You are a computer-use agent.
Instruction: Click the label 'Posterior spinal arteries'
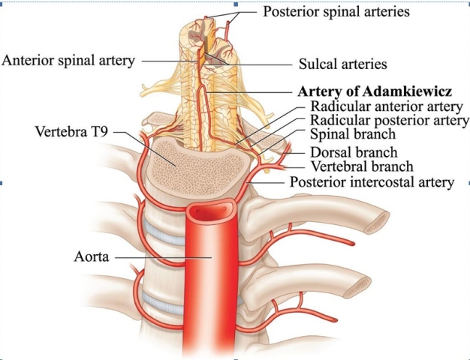[336, 12]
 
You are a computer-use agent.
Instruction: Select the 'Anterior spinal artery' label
[68, 61]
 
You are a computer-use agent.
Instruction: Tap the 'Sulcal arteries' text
[342, 64]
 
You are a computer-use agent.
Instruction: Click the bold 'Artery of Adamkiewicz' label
[375, 91]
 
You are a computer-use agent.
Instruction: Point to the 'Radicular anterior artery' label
[387, 106]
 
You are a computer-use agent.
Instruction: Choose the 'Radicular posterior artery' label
[390, 120]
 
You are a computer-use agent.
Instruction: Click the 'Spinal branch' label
[353, 133]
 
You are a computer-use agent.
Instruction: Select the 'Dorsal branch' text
[354, 152]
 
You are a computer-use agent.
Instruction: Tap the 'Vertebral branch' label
[361, 166]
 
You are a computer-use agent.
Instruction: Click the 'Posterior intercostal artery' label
[372, 181]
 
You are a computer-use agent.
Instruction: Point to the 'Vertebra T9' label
[71, 131]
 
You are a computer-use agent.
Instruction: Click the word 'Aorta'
[92, 256]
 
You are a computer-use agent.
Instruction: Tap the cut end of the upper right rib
[376, 223]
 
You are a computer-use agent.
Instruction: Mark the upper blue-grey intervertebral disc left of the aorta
[164, 232]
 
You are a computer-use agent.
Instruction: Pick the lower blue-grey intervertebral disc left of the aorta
[163, 303]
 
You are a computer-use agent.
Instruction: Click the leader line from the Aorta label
[164, 257]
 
